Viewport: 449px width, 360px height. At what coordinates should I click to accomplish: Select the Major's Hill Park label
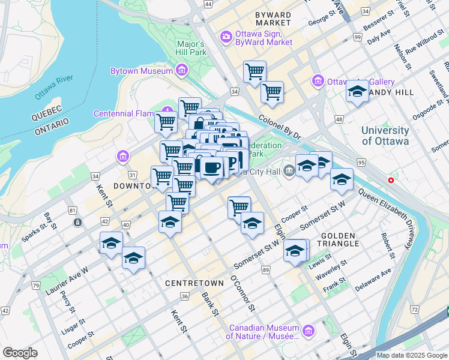[x=191, y=49]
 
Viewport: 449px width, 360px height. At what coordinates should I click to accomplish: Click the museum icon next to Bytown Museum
[x=182, y=71]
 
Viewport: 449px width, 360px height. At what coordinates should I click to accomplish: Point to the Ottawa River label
[x=53, y=88]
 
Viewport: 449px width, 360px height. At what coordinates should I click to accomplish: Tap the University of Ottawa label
[x=385, y=136]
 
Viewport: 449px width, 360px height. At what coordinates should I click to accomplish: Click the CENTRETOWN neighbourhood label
[x=190, y=281]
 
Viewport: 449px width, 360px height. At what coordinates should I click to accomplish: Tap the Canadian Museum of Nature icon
[x=308, y=331]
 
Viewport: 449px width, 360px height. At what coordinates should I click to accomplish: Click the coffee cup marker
[x=211, y=167]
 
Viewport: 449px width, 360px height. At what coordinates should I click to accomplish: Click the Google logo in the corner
[x=20, y=353]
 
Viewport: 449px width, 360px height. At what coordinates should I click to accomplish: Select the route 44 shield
[x=208, y=4]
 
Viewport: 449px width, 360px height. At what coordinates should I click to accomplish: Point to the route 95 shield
[x=360, y=162]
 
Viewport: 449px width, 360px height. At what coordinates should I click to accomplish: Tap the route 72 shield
[x=414, y=309]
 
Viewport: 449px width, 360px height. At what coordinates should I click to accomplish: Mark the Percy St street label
[x=70, y=306]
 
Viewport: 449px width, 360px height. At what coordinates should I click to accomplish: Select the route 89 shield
[x=265, y=271]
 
